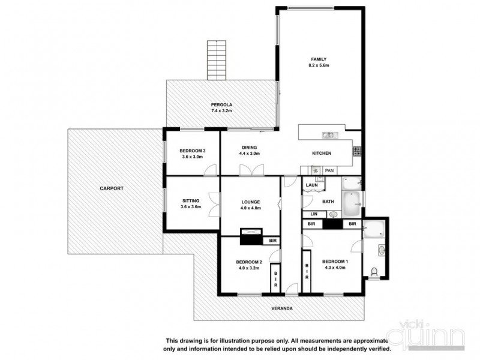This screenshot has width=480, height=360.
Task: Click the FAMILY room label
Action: (x=318, y=59)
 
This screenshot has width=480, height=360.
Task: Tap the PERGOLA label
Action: (x=196, y=106)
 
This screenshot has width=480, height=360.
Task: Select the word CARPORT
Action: (x=112, y=188)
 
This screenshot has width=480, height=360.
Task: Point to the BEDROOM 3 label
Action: (x=192, y=151)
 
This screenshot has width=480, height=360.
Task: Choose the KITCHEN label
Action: (x=322, y=154)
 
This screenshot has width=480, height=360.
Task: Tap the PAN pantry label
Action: (x=328, y=170)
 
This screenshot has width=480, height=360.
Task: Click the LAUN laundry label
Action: (x=311, y=185)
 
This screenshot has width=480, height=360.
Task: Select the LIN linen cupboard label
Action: (x=313, y=214)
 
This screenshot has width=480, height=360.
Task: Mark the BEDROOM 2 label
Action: (x=249, y=262)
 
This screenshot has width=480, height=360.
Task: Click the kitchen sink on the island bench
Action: (x=328, y=134)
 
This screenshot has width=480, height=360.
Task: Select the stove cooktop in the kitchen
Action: (x=356, y=151)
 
